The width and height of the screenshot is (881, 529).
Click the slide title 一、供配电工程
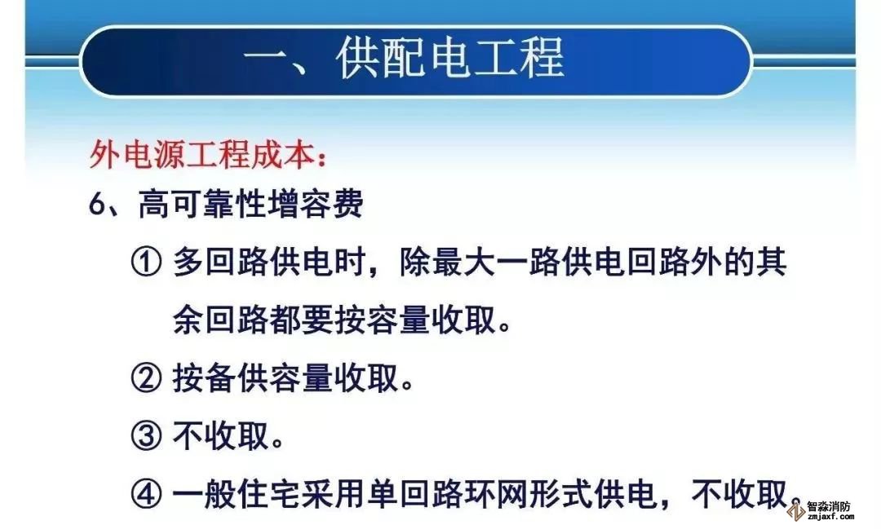(404, 59)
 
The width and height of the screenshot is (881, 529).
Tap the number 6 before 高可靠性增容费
(96, 204)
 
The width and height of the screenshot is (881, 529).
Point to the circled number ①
(146, 262)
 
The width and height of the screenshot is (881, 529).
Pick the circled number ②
(146, 378)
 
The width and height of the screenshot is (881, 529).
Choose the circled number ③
(146, 436)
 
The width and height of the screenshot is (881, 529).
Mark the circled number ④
(146, 494)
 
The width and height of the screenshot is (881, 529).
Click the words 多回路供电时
(269, 262)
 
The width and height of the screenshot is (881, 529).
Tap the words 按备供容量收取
(286, 378)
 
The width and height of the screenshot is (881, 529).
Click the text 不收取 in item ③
(221, 436)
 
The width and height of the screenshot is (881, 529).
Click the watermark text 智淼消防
(830, 506)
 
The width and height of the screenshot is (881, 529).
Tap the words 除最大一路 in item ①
(464, 262)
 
